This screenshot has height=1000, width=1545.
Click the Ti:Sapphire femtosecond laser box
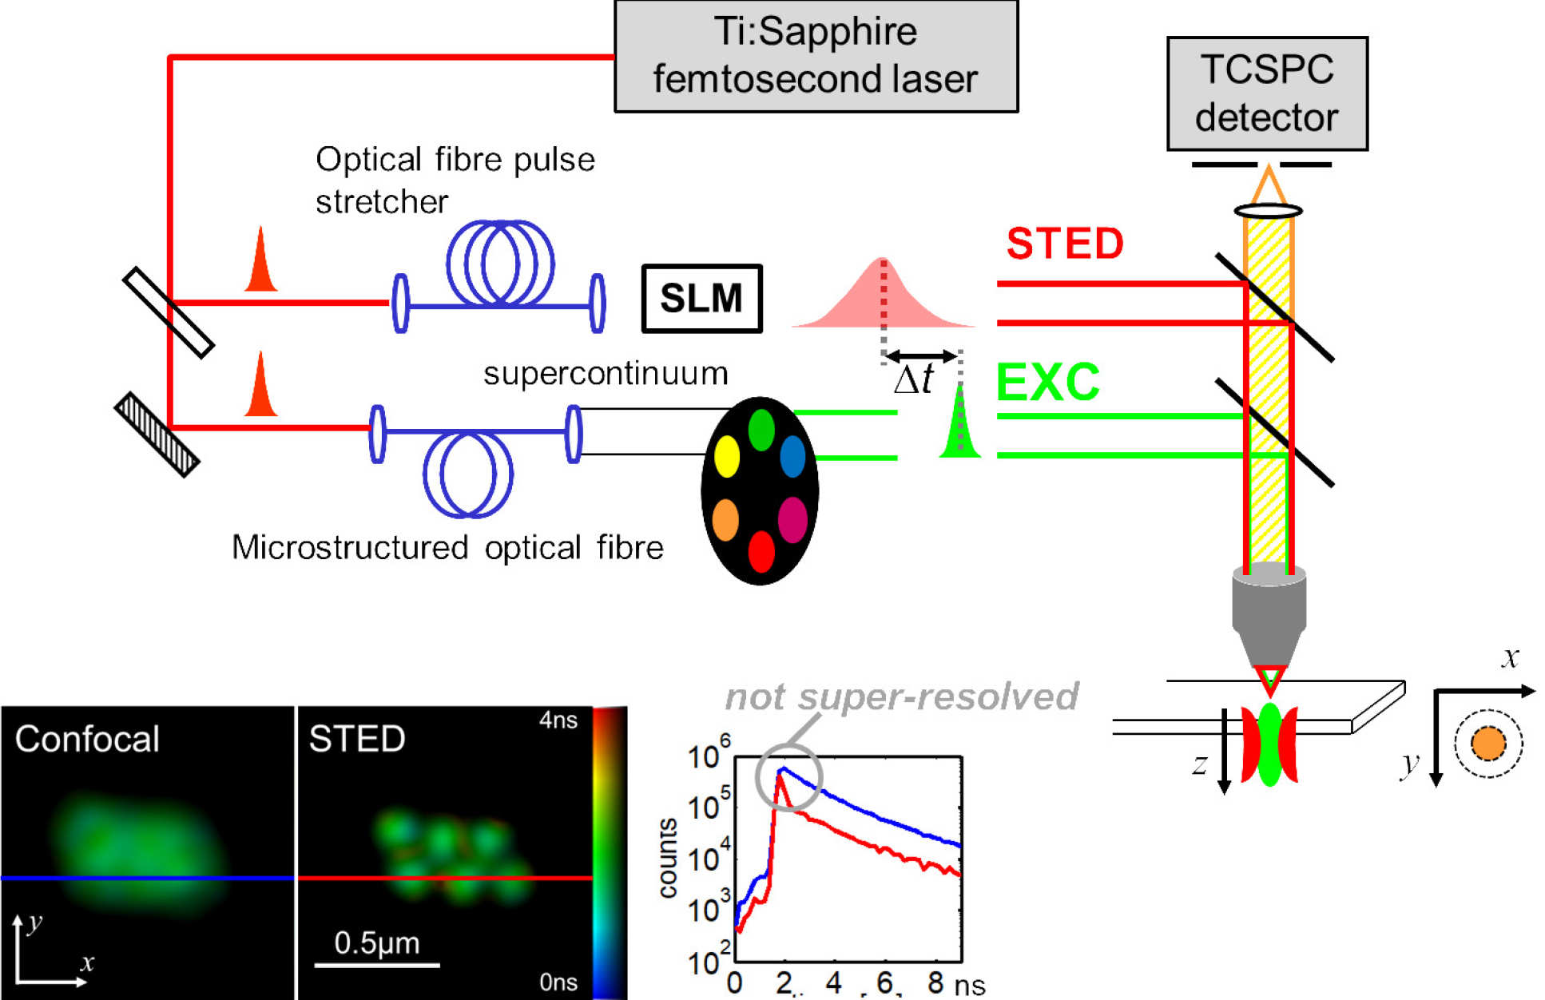[816, 56]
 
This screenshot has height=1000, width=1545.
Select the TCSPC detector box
[1266, 93]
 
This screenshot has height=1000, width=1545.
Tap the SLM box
[701, 298]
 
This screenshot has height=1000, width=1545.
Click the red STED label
[1064, 243]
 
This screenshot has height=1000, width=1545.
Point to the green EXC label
[1047, 382]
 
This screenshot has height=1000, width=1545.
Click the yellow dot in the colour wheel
[726, 456]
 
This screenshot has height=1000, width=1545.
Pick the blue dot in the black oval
[792, 456]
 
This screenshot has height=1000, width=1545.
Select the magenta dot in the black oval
[792, 519]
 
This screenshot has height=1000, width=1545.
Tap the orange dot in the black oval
[725, 519]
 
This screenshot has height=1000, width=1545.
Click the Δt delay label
[914, 379]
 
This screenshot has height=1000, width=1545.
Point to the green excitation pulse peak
[959, 391]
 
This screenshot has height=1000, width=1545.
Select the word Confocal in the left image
[87, 739]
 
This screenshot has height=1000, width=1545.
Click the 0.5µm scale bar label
[376, 942]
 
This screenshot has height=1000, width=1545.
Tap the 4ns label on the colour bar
[558, 720]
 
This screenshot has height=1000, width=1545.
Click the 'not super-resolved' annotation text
[901, 696]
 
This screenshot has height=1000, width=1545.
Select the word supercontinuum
[606, 373]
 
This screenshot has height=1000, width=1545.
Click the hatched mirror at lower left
[157, 435]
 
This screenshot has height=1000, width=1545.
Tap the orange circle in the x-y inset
[1487, 744]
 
